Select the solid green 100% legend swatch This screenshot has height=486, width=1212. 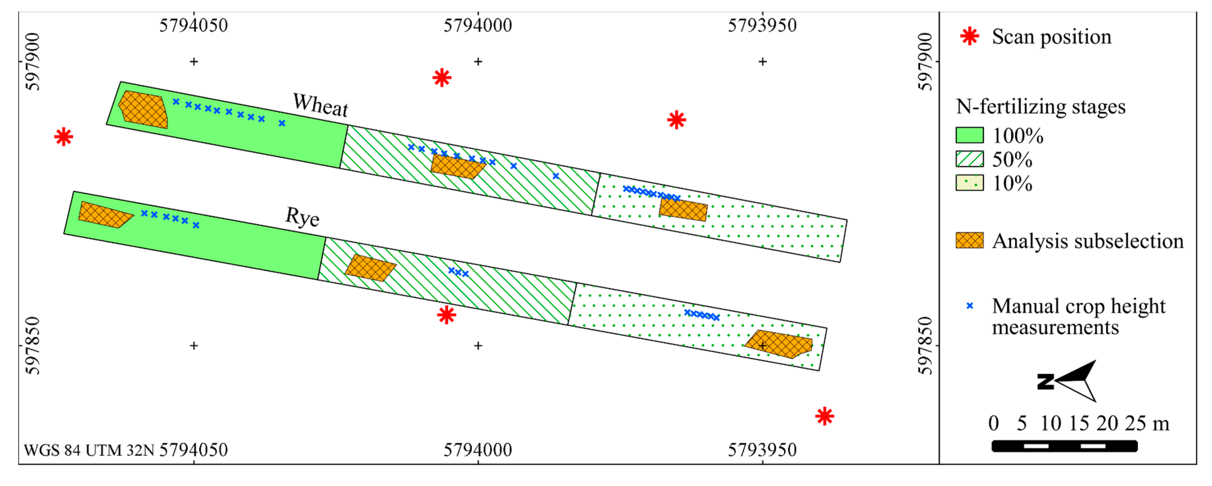(x=969, y=135)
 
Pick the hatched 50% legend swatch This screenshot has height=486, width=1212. (x=969, y=159)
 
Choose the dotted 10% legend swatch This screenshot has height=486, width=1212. (x=969, y=183)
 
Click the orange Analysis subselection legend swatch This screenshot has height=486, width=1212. (x=969, y=240)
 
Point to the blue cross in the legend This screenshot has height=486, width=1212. (x=969, y=306)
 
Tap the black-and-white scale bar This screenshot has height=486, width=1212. (x=1064, y=446)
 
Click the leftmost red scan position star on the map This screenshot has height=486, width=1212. (x=63, y=137)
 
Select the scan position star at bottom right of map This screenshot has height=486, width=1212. (x=824, y=416)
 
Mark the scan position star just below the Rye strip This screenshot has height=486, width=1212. (x=446, y=315)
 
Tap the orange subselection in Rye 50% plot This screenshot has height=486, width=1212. (x=370, y=268)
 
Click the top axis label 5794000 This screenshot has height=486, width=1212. (x=478, y=25)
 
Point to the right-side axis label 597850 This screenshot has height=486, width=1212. (x=924, y=346)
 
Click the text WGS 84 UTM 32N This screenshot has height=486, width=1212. (x=89, y=450)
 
